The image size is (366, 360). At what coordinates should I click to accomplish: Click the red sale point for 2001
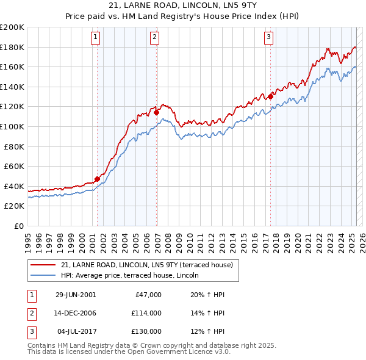click(97, 179)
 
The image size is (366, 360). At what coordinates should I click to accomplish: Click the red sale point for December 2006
click(157, 112)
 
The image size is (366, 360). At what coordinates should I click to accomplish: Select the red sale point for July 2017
click(270, 96)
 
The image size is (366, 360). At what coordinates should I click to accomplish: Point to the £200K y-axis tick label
click(12, 27)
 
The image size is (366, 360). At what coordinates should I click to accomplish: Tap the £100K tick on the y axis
click(12, 126)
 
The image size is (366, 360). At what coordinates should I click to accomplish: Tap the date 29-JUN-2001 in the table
click(76, 295)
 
